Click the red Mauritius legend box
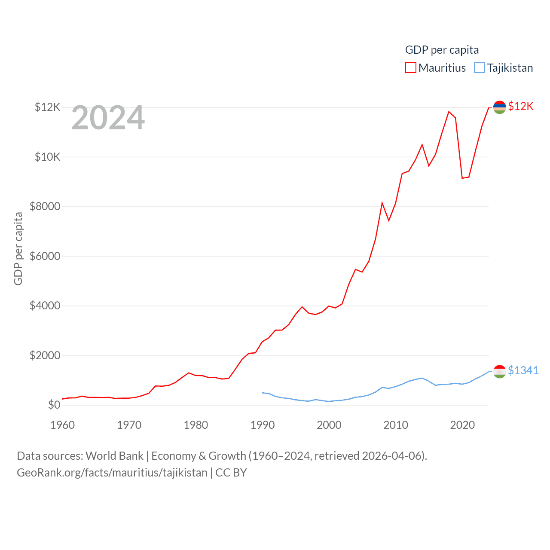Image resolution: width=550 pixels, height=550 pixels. [411, 68]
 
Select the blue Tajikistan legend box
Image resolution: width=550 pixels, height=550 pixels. [480, 68]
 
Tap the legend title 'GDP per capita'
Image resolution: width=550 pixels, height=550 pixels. [442, 50]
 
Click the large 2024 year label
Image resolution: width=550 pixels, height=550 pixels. [108, 118]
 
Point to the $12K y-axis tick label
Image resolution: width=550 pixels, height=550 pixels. [47, 107]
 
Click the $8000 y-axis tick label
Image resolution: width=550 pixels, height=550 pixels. [45, 207]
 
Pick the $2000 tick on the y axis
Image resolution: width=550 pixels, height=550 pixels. [45, 355]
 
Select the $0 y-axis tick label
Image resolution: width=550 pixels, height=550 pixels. [54, 405]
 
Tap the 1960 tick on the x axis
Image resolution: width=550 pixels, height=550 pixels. [63, 425]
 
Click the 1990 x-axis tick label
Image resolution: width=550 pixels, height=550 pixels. [263, 425]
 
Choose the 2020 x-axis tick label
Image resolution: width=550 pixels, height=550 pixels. [462, 425]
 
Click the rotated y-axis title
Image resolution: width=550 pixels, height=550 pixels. [18, 248]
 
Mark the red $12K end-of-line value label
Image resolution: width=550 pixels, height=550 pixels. [520, 106]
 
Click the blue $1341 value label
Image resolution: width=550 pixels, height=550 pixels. [523, 370]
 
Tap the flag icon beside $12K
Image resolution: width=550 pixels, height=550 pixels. [499, 107]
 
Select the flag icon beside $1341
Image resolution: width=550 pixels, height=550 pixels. [499, 371]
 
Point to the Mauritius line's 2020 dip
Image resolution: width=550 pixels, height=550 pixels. [462, 178]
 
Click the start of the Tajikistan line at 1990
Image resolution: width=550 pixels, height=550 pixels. [263, 392]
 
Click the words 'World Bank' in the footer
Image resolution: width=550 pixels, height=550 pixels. [114, 455]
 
